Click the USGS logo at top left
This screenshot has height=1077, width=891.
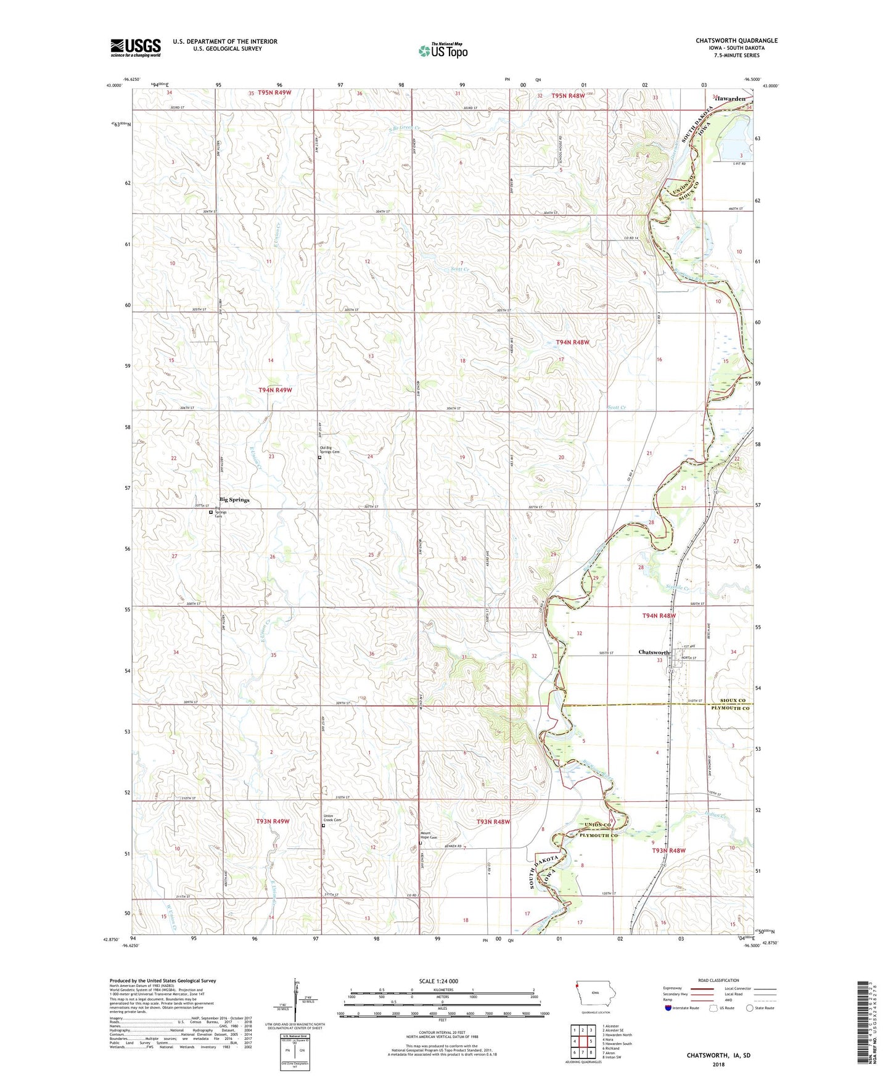(x=136, y=47)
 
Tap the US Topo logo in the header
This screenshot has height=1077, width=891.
(x=443, y=51)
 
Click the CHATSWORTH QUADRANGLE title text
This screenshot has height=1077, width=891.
(x=736, y=41)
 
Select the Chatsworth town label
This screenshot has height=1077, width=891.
(x=654, y=653)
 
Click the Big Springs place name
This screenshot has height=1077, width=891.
(x=234, y=500)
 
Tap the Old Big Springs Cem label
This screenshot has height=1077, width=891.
(x=329, y=450)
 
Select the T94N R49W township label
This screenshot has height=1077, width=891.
(x=275, y=390)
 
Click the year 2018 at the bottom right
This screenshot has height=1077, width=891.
(x=718, y=1064)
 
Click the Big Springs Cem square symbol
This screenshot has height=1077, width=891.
(x=211, y=512)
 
